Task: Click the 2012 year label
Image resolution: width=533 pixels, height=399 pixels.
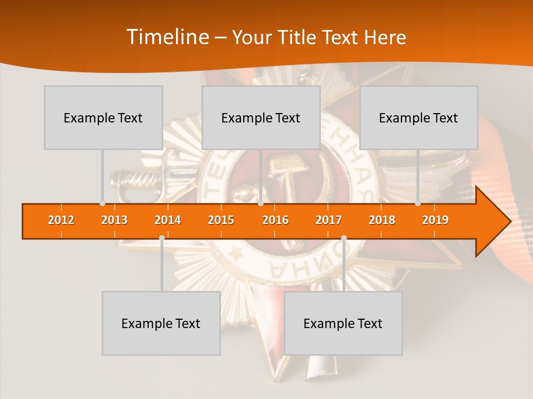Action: click(61, 221)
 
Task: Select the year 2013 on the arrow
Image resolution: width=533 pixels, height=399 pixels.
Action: click(114, 221)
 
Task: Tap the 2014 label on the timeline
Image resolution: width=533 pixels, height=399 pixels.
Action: click(168, 221)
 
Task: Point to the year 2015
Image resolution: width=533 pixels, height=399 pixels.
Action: click(221, 221)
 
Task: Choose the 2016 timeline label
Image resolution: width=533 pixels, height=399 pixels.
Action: click(275, 221)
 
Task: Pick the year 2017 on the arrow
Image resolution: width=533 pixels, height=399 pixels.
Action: click(329, 221)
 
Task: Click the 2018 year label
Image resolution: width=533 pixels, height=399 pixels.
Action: click(382, 221)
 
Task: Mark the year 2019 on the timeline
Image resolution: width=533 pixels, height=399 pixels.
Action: click(435, 221)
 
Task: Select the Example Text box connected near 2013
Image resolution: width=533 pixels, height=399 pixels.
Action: click(103, 117)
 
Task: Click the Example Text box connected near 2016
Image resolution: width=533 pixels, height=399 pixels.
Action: click(261, 117)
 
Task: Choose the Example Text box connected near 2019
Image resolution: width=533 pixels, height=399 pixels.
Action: click(419, 117)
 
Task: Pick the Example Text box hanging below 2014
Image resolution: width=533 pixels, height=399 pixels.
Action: click(161, 323)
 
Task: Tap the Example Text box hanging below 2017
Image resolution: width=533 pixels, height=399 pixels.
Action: click(343, 323)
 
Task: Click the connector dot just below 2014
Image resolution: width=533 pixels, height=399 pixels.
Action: click(162, 238)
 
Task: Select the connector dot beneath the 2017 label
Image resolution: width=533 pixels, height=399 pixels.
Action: click(344, 238)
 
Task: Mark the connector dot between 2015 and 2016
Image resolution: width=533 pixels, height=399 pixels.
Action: click(260, 203)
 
